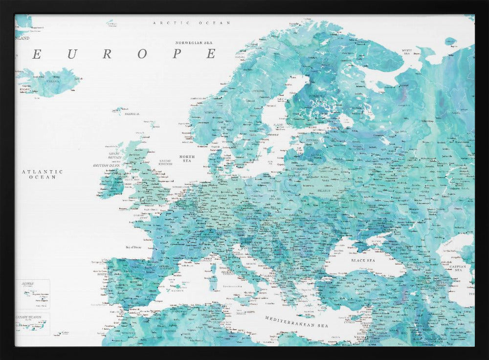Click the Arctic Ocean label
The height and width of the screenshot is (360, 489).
[x=184, y=23]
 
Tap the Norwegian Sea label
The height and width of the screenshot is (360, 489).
[x=196, y=43]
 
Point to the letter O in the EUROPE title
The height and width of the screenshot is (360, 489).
[x=142, y=54]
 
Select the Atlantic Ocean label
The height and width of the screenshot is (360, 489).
[x=43, y=174]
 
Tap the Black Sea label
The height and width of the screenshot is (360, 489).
[x=363, y=261]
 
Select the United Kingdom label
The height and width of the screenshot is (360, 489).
[x=165, y=162]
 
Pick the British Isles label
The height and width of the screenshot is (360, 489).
[x=107, y=165]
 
